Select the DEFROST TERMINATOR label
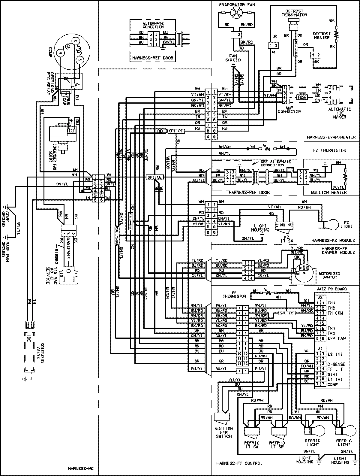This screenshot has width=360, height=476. click(295, 13)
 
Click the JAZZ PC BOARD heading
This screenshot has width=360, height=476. click(331, 289)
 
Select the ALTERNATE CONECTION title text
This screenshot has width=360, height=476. click(153, 25)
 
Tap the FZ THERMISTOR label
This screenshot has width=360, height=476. click(331, 150)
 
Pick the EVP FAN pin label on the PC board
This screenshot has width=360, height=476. click(337, 338)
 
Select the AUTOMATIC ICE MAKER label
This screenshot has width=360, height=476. click(339, 113)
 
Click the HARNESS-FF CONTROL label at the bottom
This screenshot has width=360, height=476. click(239, 463)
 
